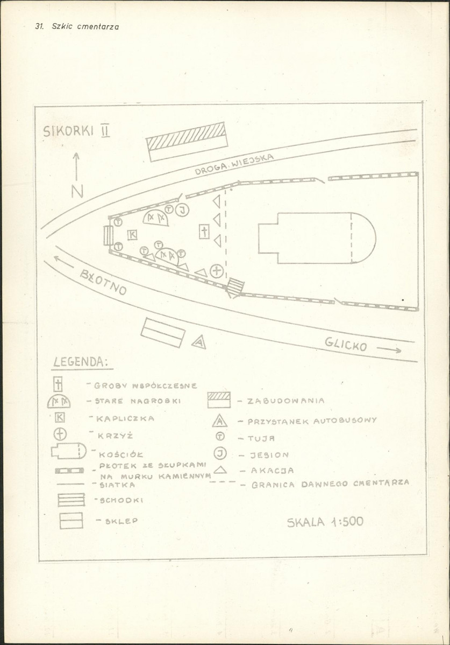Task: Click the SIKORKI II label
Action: (x=76, y=131)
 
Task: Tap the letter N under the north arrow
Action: (x=77, y=191)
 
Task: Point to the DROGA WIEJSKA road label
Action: (x=234, y=164)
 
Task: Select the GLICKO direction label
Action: (x=346, y=343)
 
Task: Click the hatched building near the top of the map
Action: (x=187, y=141)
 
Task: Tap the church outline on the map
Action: (x=316, y=238)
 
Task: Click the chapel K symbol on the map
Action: (x=132, y=234)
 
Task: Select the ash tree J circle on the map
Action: (x=183, y=210)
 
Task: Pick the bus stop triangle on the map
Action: (x=199, y=342)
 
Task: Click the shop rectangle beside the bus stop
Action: (x=163, y=332)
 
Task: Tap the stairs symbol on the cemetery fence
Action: (x=234, y=288)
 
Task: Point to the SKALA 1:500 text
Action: (x=325, y=521)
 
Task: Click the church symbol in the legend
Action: (x=68, y=451)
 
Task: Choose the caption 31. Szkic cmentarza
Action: (x=76, y=26)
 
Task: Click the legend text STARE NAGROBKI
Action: (x=137, y=401)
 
